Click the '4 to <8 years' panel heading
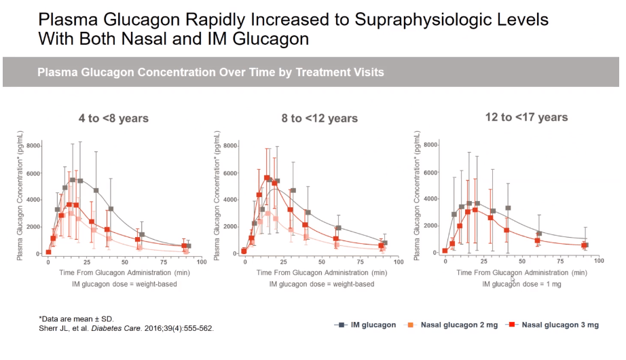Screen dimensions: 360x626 [113, 119]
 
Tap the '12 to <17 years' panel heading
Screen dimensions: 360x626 [526, 118]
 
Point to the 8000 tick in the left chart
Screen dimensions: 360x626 [31, 146]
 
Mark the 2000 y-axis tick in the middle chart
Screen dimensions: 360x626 [228, 226]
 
